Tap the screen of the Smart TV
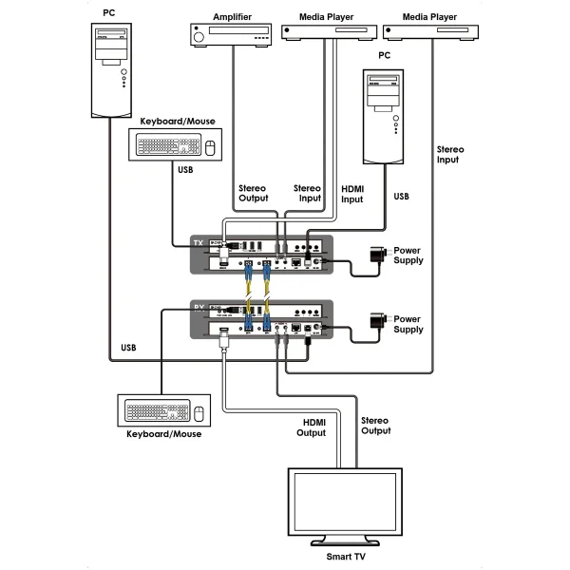coord(346,502)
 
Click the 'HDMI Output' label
coord(314,427)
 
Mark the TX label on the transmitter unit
coord(198,244)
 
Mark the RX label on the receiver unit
coord(198,309)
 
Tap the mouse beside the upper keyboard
coord(211,147)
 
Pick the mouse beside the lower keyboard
coord(199,412)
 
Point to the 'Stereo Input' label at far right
coord(446,155)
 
